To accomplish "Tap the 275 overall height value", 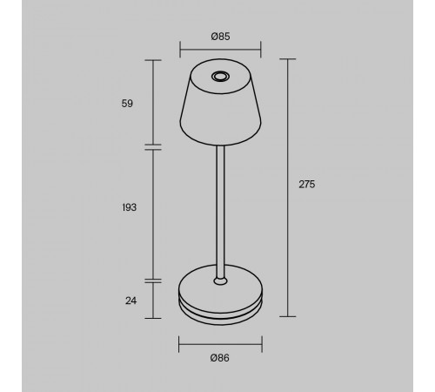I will (305, 185).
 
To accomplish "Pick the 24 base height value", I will (130, 301).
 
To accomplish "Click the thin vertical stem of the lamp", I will (220, 209).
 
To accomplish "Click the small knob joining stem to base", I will (220, 280).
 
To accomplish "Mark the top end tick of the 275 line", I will (288, 60).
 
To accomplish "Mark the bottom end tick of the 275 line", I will (288, 315).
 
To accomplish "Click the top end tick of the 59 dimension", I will (155, 60).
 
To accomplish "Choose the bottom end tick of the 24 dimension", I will (155, 315).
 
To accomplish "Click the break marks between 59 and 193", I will (155, 146).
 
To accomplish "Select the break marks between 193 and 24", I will (155, 280).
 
